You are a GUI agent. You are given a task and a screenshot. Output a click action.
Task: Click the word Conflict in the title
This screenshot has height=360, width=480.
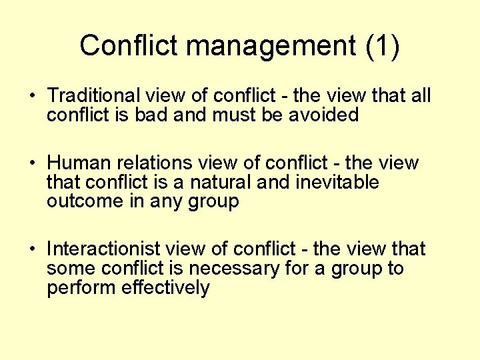pos(129,45)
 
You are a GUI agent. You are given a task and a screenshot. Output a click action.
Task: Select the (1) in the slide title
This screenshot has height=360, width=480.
pos(383,46)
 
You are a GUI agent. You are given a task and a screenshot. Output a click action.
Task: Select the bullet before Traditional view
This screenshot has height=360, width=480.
pos(31,96)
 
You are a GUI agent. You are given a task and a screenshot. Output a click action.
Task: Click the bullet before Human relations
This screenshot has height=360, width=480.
pos(31,163)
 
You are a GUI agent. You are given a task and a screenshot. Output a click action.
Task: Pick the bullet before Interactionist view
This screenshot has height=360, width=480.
pos(31,249)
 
